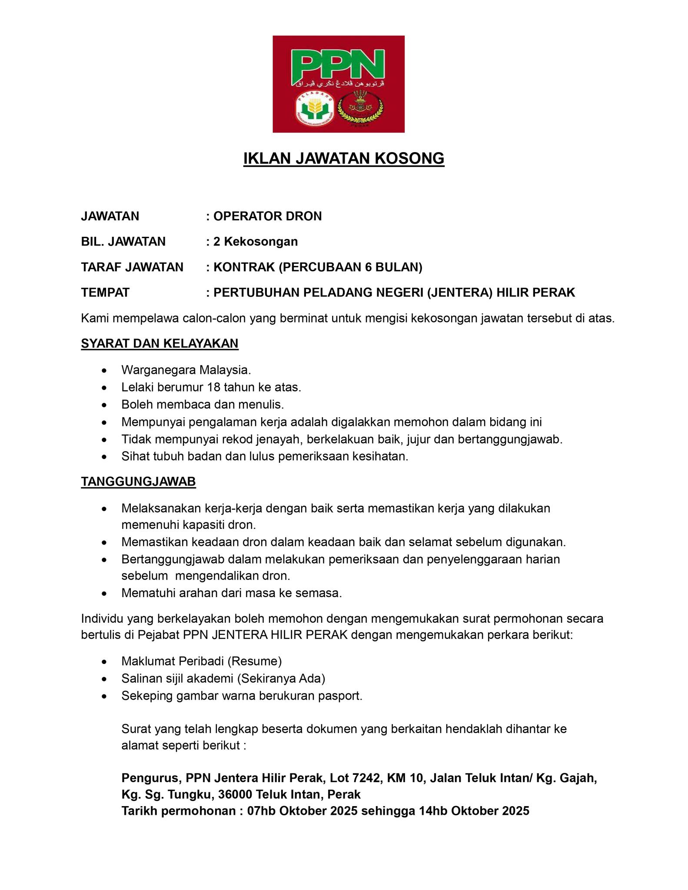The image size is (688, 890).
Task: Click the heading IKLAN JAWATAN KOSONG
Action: tap(343, 159)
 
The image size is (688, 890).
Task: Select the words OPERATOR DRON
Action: tap(267, 216)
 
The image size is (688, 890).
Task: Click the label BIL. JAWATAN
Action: tap(123, 241)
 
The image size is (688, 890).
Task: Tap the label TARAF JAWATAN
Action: tap(132, 267)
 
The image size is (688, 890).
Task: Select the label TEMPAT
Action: tap(105, 292)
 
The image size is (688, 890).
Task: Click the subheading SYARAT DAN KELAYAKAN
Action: tap(160, 343)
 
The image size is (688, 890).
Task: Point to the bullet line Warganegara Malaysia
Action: tap(186, 370)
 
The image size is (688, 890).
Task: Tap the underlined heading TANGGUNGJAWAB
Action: tap(138, 482)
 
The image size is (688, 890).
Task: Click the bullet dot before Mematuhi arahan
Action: tap(103, 594)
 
